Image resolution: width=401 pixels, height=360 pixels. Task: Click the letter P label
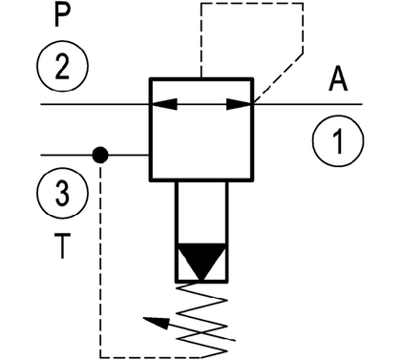[x=62, y=15]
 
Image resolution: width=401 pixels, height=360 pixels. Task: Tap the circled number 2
[x=62, y=66]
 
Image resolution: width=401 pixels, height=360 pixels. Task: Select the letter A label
[x=338, y=79]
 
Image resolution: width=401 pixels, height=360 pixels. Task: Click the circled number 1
[x=338, y=141]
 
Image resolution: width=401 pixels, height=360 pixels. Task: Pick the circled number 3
[x=62, y=193]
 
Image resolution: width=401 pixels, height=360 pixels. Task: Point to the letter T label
[x=62, y=245]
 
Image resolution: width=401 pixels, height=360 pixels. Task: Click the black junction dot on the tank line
[x=100, y=155]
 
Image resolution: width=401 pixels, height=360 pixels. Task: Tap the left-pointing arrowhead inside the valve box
[x=165, y=104]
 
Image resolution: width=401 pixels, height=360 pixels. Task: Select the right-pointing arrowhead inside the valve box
[x=239, y=104]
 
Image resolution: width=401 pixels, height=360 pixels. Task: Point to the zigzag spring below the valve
[x=201, y=318]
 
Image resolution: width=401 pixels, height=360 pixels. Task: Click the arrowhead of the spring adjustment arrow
[x=156, y=323]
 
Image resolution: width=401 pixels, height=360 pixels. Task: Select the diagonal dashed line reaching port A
[x=278, y=78]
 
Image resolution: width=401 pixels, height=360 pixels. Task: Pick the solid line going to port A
[x=308, y=104]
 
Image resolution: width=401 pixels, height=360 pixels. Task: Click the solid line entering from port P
[x=95, y=104]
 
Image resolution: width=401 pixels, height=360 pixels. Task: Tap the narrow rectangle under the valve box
[x=201, y=232]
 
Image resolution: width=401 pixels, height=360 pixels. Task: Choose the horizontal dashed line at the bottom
[x=150, y=357]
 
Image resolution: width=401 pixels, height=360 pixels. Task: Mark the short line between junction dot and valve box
[x=129, y=155]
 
